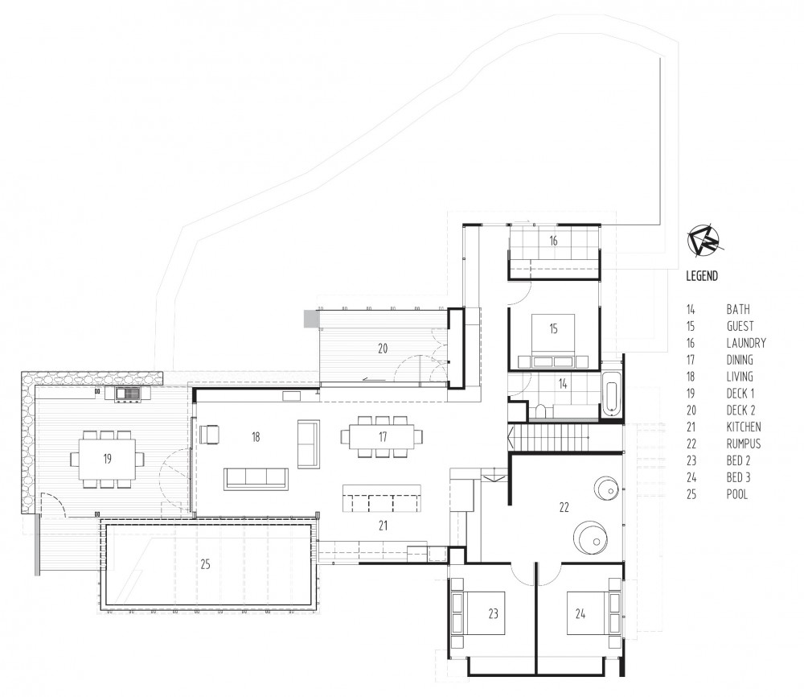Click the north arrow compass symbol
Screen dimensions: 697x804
705,239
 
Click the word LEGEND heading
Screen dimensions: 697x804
702,275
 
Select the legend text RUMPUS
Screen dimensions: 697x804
743,443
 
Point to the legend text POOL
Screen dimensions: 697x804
737,494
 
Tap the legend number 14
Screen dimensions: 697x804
691,309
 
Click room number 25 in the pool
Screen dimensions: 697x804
205,564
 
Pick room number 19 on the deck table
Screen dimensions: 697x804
106,459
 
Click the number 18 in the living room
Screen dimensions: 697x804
256,437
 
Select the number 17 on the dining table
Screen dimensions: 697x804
382,437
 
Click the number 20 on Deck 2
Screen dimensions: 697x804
383,348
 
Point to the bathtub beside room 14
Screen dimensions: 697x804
611,397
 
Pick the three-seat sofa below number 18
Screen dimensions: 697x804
256,478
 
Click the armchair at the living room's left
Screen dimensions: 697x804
209,435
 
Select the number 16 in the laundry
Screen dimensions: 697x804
553,241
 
